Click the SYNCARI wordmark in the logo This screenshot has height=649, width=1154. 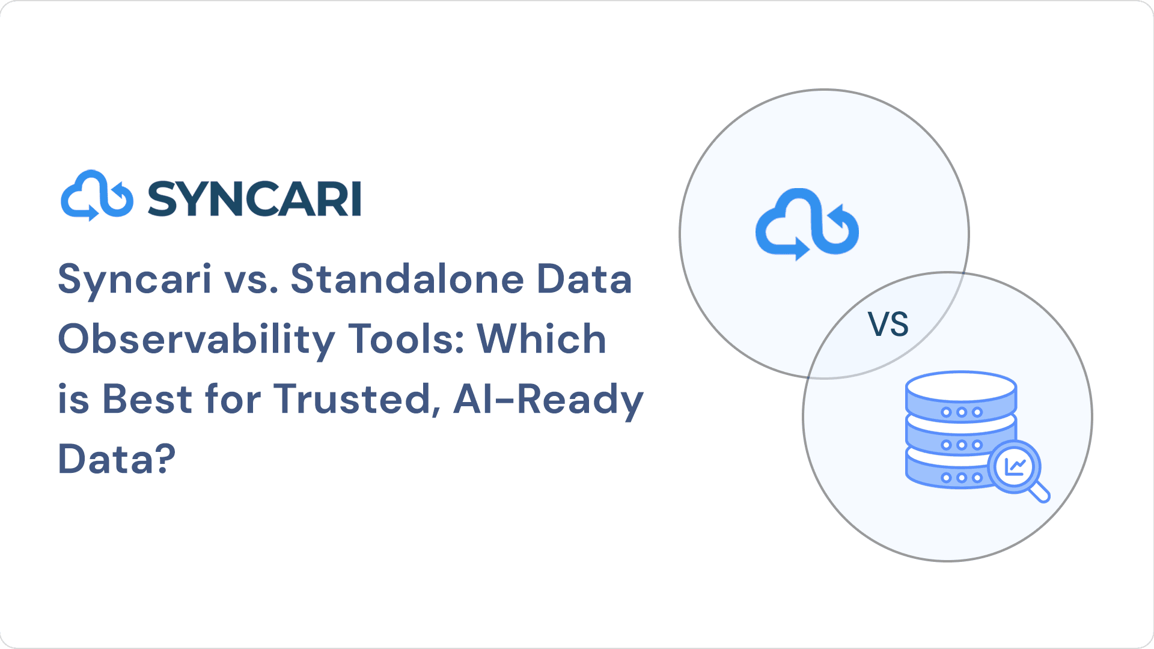coord(254,198)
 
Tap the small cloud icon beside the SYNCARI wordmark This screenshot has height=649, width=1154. coord(97,195)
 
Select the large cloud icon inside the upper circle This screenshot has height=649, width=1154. coord(807,224)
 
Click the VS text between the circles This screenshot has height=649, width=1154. coord(888,324)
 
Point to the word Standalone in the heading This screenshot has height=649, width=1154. coord(408,279)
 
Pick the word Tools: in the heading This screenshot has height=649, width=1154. coord(406,339)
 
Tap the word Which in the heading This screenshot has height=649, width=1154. coord(542,339)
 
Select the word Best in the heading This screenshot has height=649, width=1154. coord(147,399)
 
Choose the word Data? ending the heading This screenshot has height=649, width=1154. coord(117,459)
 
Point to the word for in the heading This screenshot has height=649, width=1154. coord(233,399)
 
